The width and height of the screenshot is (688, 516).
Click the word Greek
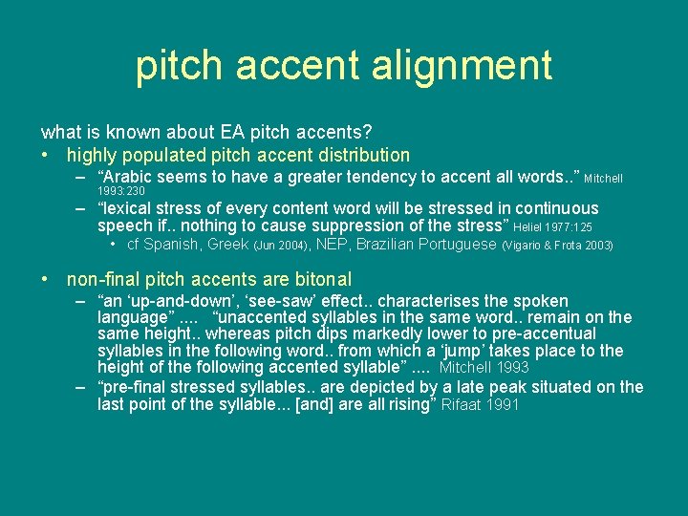click(228, 245)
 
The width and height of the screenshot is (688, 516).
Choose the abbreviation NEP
click(332, 245)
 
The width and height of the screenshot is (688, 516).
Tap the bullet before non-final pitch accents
click(47, 280)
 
